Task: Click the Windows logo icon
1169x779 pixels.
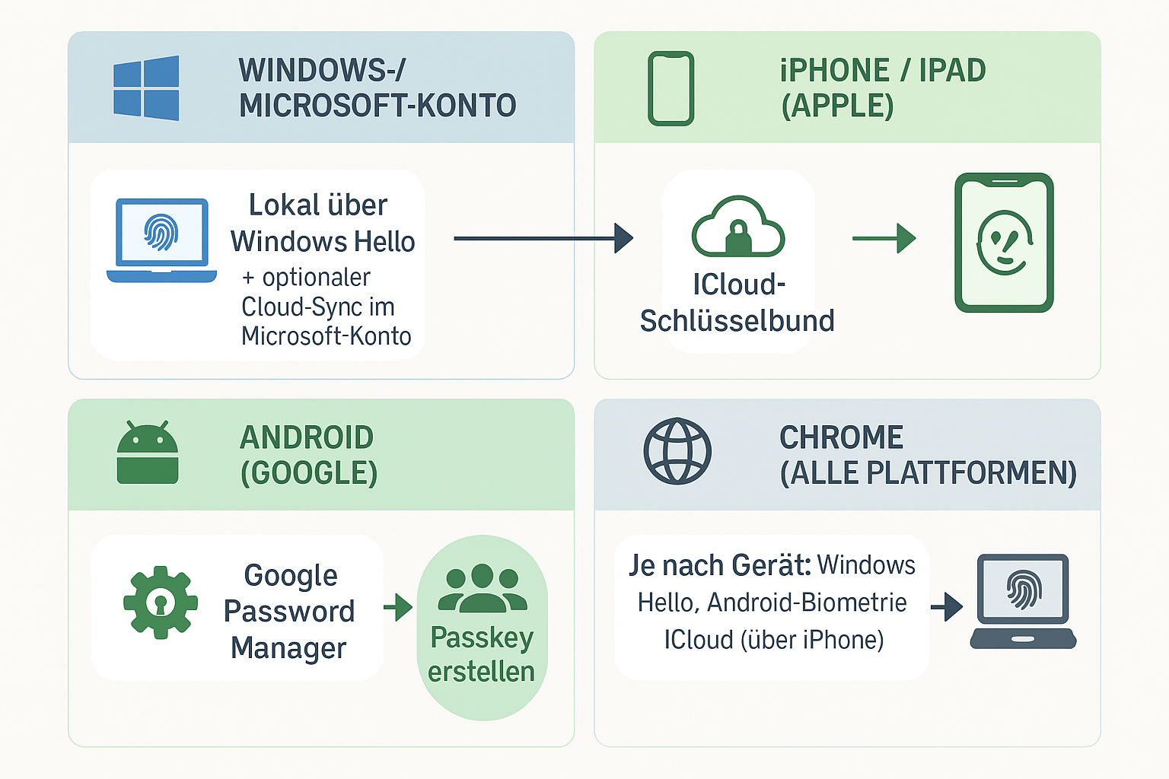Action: click(x=146, y=87)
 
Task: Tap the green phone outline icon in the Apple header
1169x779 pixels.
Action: click(x=671, y=87)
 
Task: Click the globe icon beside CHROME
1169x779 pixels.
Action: click(x=677, y=451)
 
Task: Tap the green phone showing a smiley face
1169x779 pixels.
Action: click(x=1004, y=242)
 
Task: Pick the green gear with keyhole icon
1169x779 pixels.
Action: click(x=161, y=603)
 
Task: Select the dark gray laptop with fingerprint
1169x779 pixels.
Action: click(x=1023, y=601)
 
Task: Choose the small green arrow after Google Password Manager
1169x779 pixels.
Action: click(x=398, y=607)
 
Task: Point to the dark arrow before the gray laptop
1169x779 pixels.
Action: click(x=947, y=606)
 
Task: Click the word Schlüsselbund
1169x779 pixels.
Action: click(x=737, y=321)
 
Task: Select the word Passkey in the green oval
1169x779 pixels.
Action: click(x=482, y=638)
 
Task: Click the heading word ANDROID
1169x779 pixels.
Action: click(x=307, y=438)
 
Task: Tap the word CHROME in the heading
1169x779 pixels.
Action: click(x=841, y=438)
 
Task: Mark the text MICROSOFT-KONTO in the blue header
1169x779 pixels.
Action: click(x=377, y=106)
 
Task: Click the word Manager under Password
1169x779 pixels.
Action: click(x=288, y=648)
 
